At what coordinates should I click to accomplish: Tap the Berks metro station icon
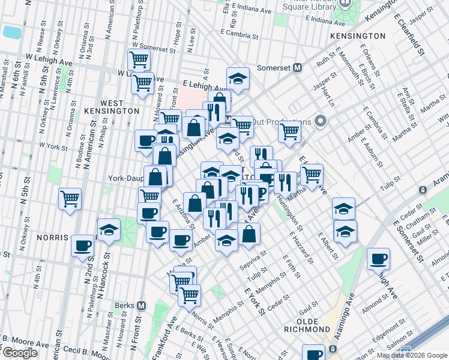click(x=142, y=305)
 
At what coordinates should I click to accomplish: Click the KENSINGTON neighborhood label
click(x=357, y=36)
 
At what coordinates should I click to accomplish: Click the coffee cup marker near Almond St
click(x=378, y=259)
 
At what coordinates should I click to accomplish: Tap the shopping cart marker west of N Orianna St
click(x=70, y=198)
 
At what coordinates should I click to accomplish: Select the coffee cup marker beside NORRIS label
click(x=82, y=245)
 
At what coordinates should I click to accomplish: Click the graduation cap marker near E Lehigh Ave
click(x=238, y=79)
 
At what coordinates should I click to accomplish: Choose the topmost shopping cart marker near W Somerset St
click(x=139, y=59)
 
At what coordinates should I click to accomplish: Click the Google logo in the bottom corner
click(x=19, y=353)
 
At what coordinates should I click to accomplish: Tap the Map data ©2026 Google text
click(x=412, y=355)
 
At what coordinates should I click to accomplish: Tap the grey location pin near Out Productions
click(x=320, y=122)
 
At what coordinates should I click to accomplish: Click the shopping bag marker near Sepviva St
click(x=250, y=235)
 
